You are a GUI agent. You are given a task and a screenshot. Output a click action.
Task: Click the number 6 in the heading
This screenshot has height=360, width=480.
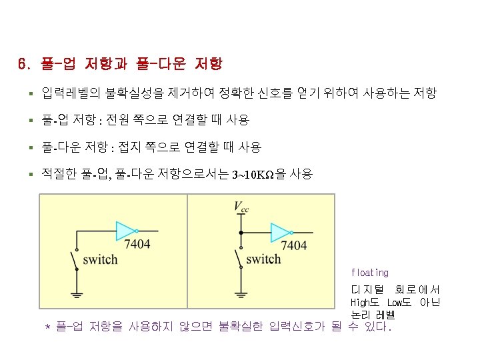23,65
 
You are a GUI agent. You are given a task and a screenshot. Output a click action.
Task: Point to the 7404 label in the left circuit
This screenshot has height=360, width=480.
137,244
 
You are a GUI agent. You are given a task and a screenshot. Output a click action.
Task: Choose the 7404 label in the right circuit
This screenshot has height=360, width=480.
293,245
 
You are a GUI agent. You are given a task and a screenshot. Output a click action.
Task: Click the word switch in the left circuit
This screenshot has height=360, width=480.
100,259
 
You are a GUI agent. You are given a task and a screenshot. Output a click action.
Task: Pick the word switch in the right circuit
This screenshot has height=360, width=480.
263,259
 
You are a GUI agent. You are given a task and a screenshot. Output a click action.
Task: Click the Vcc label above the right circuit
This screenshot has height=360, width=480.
241,207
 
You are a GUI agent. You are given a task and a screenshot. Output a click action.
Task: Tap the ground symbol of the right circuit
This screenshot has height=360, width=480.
241,293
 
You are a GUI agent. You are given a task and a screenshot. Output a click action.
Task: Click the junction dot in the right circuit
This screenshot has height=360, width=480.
241,233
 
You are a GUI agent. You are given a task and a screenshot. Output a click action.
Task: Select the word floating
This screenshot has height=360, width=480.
369,273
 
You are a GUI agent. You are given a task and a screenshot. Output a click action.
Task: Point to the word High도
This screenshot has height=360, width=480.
365,303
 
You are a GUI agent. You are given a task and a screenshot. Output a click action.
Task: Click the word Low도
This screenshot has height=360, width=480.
400,303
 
